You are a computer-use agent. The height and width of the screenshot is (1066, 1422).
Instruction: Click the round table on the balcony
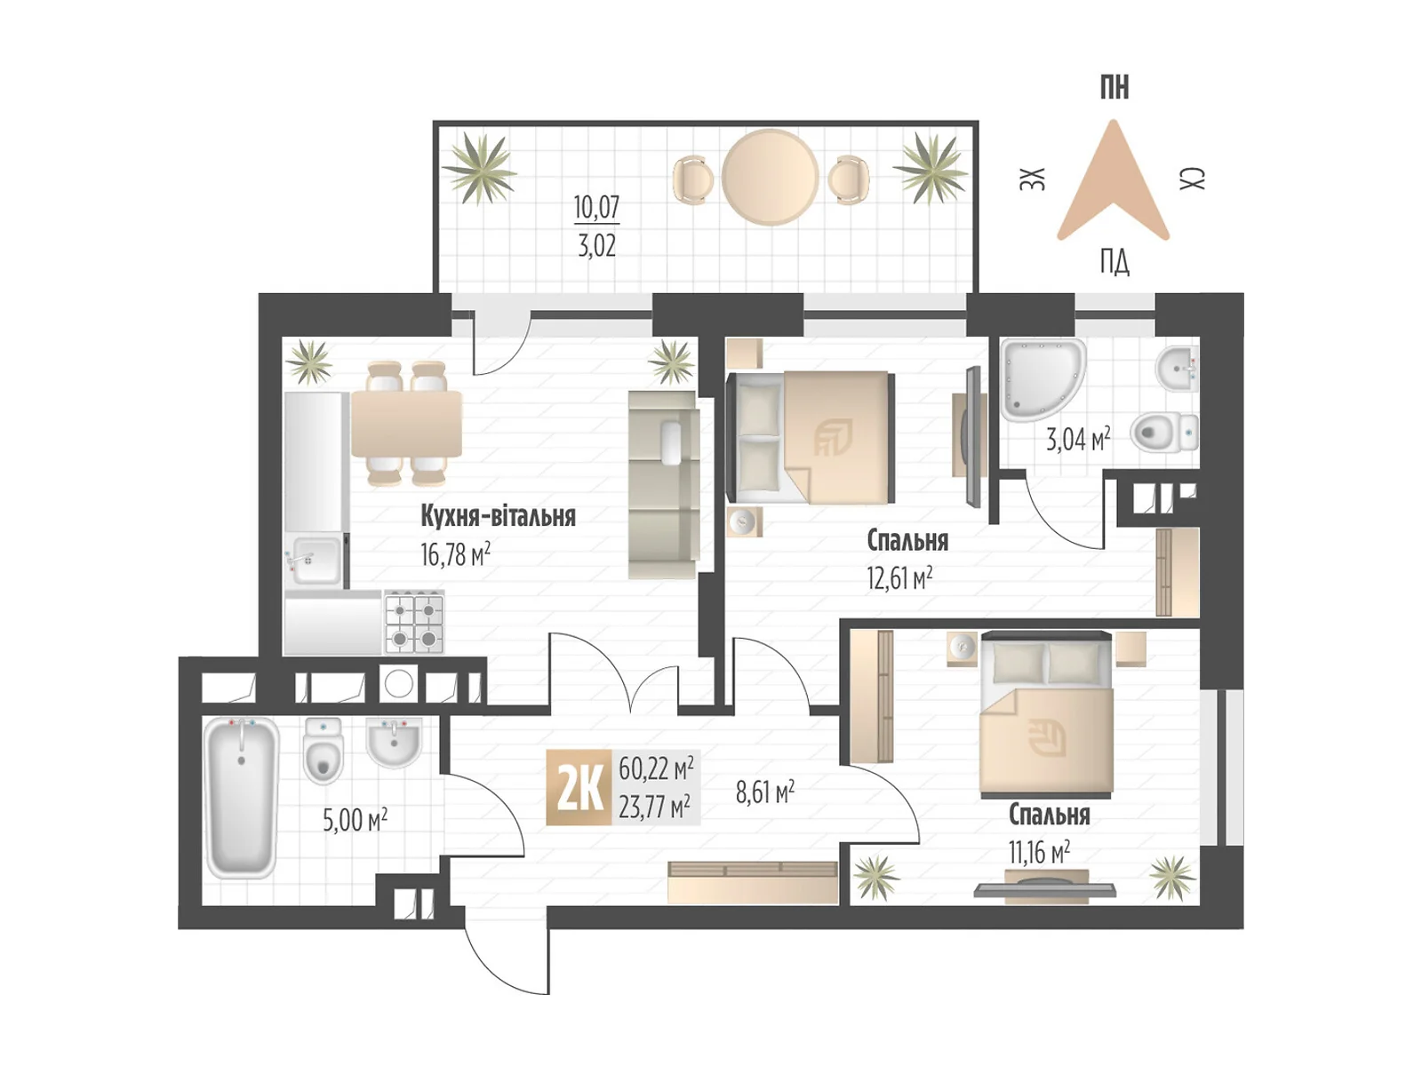point(769,177)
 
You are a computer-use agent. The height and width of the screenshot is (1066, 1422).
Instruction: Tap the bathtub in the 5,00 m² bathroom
point(241,797)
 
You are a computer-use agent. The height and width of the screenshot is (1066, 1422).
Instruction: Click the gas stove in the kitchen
point(414,623)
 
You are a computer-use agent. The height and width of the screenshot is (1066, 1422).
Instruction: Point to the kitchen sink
point(314,560)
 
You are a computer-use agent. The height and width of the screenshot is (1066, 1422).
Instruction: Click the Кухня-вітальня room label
point(498,516)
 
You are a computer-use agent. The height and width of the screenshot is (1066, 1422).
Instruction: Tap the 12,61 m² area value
point(899,578)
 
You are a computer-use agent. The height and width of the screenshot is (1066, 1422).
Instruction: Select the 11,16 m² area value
point(1038,853)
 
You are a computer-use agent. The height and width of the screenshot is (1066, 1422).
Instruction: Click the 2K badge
point(579,787)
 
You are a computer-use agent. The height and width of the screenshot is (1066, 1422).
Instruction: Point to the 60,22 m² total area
point(656,767)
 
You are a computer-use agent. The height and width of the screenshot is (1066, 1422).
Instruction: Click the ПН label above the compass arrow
point(1114,88)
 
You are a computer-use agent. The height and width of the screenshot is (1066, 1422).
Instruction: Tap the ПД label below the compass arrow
point(1114,262)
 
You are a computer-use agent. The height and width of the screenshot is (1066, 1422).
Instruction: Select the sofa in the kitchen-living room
point(663,484)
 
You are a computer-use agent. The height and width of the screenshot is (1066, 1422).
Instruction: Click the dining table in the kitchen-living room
point(406,424)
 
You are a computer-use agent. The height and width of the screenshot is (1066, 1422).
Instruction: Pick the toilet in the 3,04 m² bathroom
point(1165,434)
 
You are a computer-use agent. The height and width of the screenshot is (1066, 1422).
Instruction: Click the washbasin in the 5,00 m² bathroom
point(394,743)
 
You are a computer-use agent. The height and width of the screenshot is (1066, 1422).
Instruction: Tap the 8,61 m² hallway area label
point(764,792)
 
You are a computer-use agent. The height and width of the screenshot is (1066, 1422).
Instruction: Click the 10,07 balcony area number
point(596,207)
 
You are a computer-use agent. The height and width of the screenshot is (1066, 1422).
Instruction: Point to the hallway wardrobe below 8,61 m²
point(753,882)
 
